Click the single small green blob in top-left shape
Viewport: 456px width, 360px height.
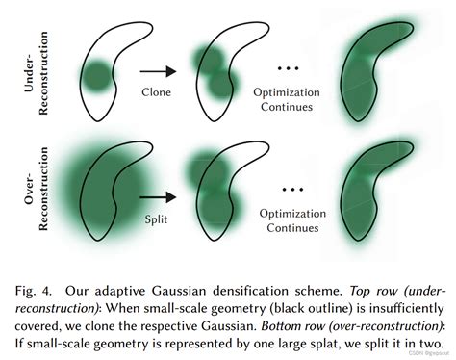pyautogui.click(x=96, y=74)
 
